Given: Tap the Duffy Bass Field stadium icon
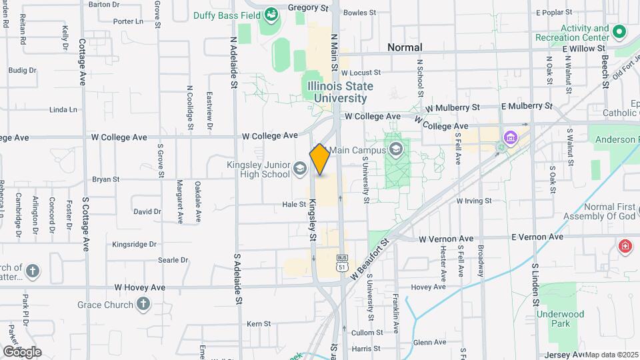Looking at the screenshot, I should (271, 14).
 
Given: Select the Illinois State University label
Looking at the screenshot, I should (340, 92).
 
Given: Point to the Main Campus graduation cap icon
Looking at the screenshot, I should (396, 149).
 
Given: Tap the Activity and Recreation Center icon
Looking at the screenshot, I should (619, 31).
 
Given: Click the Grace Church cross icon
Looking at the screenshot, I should (142, 305).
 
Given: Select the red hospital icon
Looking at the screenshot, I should (625, 245).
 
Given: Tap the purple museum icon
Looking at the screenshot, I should (511, 139).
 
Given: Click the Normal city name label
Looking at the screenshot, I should (405, 47).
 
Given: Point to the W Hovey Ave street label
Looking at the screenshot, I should (140, 287).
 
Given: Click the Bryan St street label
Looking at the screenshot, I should (105, 179).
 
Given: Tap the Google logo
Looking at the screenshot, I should (22, 351).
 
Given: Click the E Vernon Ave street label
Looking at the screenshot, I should (537, 237).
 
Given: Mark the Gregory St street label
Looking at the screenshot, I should (309, 9).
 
